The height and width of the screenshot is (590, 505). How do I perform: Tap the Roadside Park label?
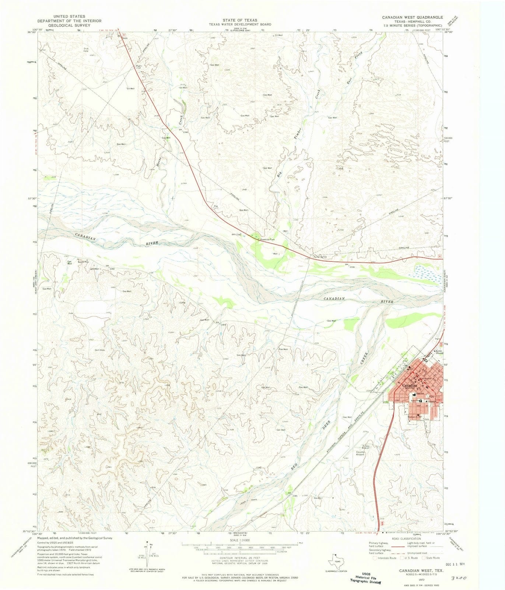[x=268, y=240]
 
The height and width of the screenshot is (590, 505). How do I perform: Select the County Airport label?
[x=360, y=453]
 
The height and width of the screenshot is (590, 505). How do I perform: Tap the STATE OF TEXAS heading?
[x=240, y=20]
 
